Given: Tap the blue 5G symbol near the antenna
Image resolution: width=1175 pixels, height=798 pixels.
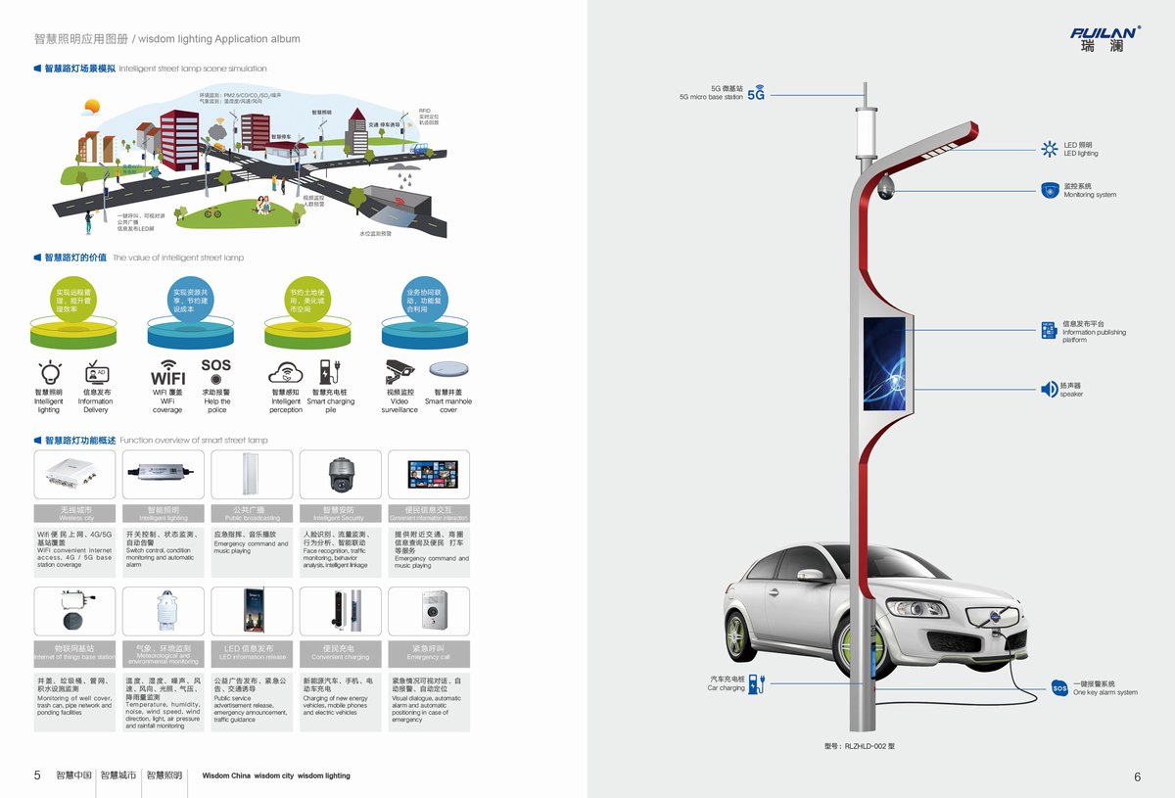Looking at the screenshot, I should click(755, 95).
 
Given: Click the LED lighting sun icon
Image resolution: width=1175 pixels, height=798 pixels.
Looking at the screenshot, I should click(1048, 149).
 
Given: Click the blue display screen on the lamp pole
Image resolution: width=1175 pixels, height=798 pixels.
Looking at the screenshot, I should click(883, 350).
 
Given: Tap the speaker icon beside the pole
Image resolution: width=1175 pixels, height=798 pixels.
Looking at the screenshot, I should click(1048, 390).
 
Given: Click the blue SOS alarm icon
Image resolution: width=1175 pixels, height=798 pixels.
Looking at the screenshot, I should click(1059, 688).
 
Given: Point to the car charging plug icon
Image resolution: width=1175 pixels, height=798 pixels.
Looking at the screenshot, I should click(759, 682).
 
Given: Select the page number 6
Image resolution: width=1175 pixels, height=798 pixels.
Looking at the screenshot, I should click(1137, 776).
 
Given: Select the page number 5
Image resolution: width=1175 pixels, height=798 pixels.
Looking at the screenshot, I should click(37, 775).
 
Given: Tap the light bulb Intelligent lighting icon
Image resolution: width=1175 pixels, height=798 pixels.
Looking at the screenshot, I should click(49, 372).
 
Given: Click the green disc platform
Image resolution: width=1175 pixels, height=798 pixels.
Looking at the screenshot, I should click(74, 334).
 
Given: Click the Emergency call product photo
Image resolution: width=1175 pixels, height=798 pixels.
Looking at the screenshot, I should click(429, 612).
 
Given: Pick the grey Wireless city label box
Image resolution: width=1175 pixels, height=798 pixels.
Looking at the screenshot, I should click(75, 513).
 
